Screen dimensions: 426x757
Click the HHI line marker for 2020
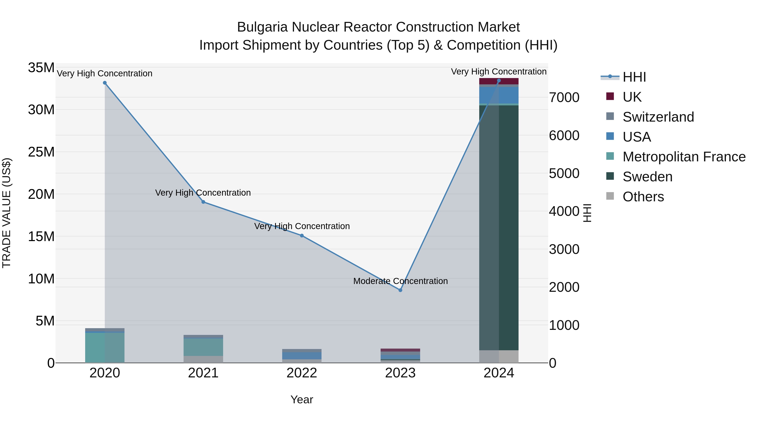click(x=105, y=83)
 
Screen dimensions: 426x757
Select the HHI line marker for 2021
click(x=203, y=202)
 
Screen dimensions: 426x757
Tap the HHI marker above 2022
click(x=302, y=235)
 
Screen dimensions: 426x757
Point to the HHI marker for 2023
click(x=400, y=290)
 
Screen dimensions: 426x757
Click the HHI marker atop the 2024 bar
click(x=499, y=81)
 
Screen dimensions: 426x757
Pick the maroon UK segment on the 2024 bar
click(x=508, y=81)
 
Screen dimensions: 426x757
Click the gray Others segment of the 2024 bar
click(x=508, y=356)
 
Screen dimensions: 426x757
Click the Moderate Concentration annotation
click(x=400, y=281)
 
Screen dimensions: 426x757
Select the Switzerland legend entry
click(x=658, y=117)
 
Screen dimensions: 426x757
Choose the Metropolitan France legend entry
click(x=684, y=157)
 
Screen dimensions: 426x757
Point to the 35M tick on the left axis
click(x=41, y=68)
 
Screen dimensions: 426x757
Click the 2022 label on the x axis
click(x=302, y=373)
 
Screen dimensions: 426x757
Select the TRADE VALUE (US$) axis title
click(x=7, y=213)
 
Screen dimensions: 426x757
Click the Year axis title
click(x=302, y=399)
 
